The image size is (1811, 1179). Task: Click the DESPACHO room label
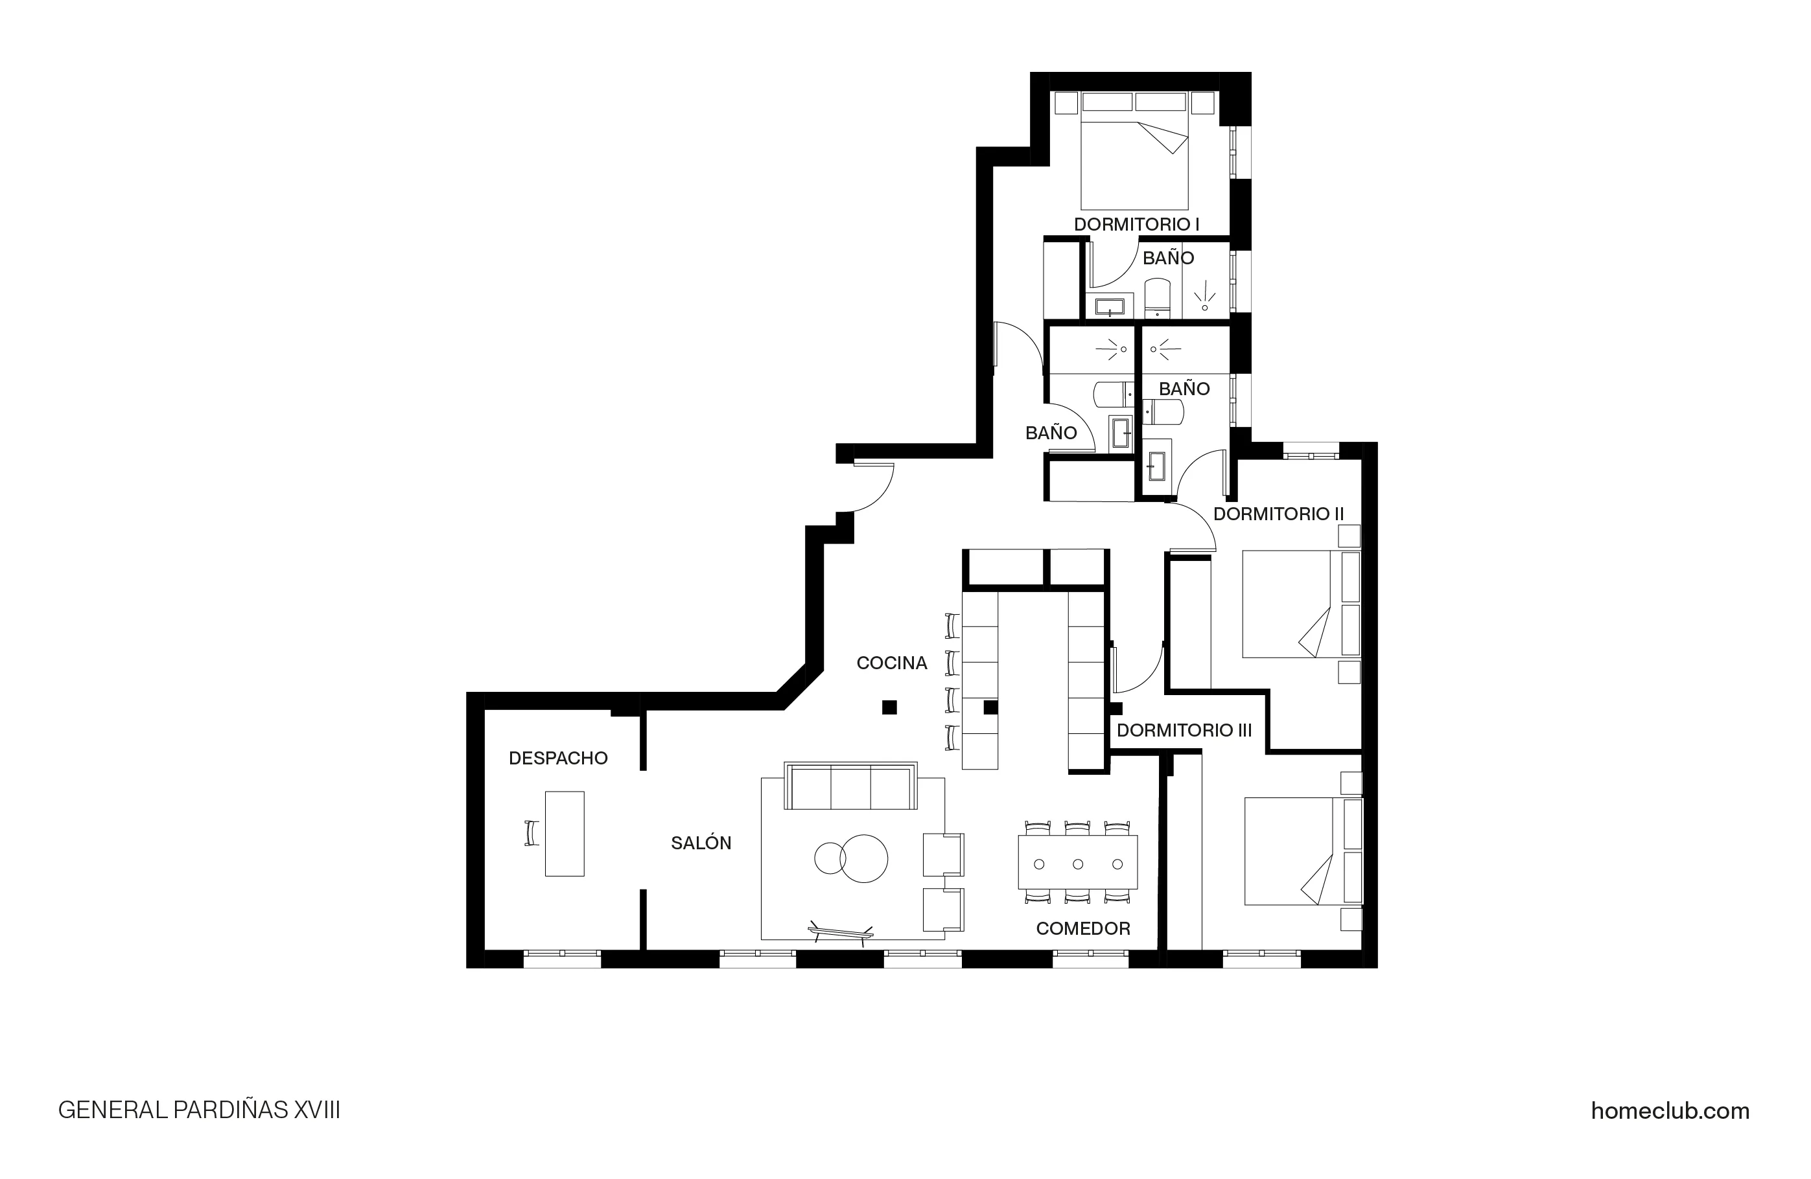[x=558, y=759]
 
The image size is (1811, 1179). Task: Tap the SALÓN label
[x=701, y=843]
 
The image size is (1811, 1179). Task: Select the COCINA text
[x=891, y=663]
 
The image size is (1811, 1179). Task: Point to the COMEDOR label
[x=1083, y=929]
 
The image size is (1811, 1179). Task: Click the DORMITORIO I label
[x=1136, y=224]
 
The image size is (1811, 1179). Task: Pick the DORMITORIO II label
[x=1278, y=514]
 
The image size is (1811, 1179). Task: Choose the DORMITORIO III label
[x=1184, y=731]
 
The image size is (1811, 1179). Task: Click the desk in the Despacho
[x=565, y=834]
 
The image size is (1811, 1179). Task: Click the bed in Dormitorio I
[x=1134, y=163]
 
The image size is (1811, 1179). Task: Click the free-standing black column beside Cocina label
[x=889, y=707]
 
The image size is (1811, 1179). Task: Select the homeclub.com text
[x=1670, y=1111]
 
